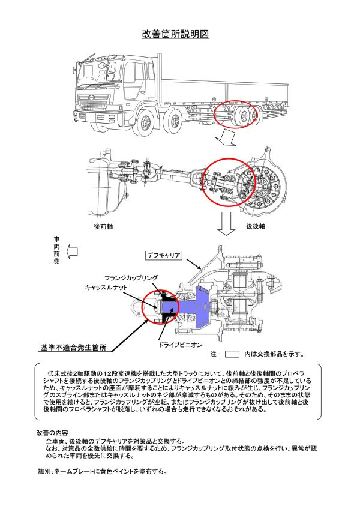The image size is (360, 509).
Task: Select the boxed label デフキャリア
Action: coord(164,255)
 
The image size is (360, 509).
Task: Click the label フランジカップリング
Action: coord(131,278)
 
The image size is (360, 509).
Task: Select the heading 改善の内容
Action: coord(52,433)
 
